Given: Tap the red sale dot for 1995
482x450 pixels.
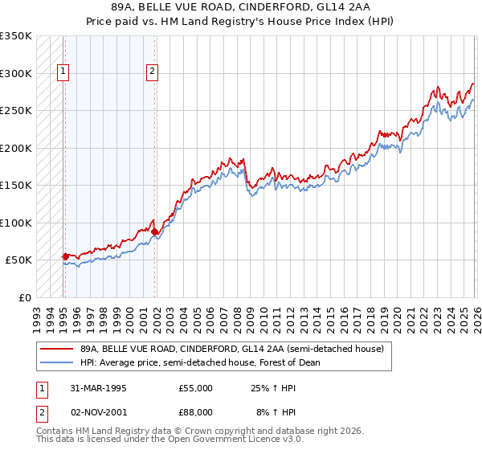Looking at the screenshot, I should (66, 256).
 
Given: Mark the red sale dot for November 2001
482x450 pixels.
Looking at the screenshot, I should (154, 231).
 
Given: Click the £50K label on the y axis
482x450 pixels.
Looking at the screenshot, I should (18, 260).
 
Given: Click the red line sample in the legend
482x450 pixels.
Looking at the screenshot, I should (56, 350).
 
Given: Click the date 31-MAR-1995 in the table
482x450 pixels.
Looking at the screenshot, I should (99, 388).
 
